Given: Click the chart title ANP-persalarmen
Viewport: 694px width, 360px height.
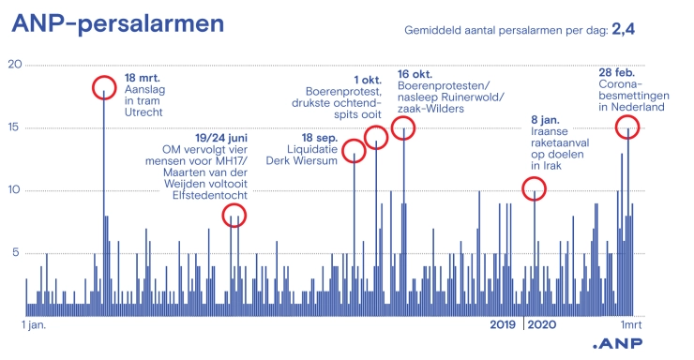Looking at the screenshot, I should point(117,22).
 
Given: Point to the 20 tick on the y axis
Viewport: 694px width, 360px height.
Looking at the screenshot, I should point(13,64).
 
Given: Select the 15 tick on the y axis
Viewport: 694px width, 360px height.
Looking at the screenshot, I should point(13,127).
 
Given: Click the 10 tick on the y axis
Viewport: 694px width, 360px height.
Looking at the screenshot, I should point(13,190).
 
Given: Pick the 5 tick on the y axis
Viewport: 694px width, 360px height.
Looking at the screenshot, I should point(13,252).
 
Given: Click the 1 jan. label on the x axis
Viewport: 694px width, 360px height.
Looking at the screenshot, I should point(35,325).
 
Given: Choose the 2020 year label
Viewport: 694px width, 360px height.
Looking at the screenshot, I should point(541,325).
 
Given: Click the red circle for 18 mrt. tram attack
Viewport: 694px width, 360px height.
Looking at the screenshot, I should point(104,88).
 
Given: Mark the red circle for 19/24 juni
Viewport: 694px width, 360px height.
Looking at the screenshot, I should point(234,216).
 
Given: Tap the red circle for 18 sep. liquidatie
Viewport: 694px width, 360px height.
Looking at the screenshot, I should point(355,151).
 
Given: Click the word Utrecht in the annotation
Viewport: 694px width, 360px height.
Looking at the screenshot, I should point(143,112).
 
